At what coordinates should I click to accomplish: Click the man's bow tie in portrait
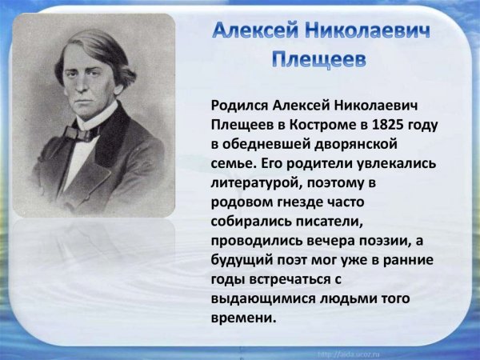[82, 131]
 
